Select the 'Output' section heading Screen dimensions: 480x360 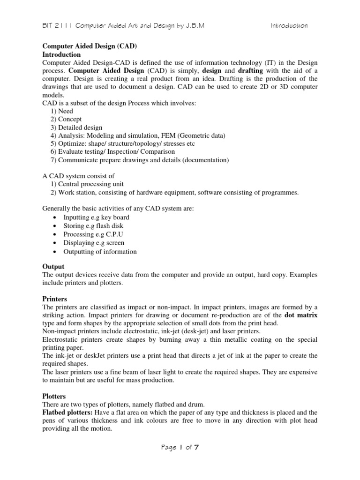click(53, 266)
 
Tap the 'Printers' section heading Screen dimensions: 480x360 click(55, 299)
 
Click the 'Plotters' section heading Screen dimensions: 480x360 click(54, 396)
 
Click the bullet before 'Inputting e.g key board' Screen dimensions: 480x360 click(55, 218)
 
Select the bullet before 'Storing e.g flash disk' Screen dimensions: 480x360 click(55, 226)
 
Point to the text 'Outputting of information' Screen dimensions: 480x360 click(100, 251)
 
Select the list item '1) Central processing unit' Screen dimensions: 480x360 click(87, 184)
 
